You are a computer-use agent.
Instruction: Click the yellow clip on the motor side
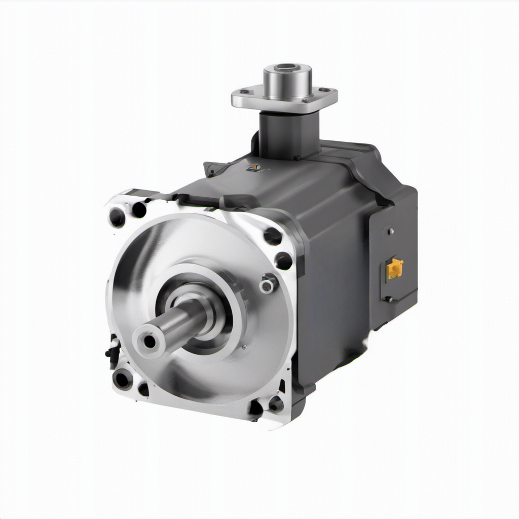click(x=395, y=268)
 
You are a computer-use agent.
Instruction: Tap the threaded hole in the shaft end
click(x=150, y=341)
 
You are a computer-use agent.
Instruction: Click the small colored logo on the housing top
click(x=254, y=167)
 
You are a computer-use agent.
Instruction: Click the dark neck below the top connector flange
click(x=289, y=134)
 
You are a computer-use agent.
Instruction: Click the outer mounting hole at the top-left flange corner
click(x=117, y=217)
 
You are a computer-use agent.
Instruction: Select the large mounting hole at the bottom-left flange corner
click(x=123, y=379)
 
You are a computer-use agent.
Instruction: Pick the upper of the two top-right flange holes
click(x=273, y=236)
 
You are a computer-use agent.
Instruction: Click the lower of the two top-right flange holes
click(x=283, y=261)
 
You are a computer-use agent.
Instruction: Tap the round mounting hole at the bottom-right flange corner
click(x=276, y=404)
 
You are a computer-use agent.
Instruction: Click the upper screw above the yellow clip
click(x=391, y=232)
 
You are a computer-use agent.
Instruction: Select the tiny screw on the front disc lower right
click(x=244, y=347)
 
